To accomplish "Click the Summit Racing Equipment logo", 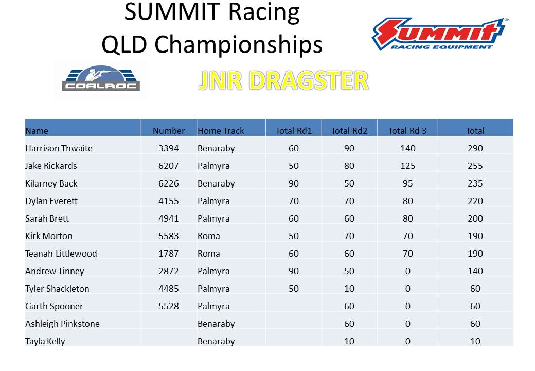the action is click(439, 34).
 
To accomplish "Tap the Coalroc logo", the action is click(101, 78).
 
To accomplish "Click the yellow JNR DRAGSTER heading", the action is click(283, 80).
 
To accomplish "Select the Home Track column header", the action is click(221, 131).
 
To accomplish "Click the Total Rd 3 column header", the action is click(407, 131).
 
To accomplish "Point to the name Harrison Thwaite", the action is click(59, 148).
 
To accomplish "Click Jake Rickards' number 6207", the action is click(169, 166).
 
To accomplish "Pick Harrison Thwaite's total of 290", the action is click(475, 148).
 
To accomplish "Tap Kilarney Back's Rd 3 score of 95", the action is click(408, 183).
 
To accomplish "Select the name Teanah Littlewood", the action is click(61, 254).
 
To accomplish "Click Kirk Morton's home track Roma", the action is click(208, 236).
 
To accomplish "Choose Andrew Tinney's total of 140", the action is click(475, 271).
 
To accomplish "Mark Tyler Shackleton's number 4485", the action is click(169, 289).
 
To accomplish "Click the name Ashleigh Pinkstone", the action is click(62, 324).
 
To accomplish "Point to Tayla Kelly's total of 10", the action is click(475, 341).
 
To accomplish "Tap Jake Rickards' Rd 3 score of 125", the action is click(408, 166).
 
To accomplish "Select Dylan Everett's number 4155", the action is click(169, 201).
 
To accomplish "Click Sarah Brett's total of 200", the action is click(475, 218).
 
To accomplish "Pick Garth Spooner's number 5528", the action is click(169, 306).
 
